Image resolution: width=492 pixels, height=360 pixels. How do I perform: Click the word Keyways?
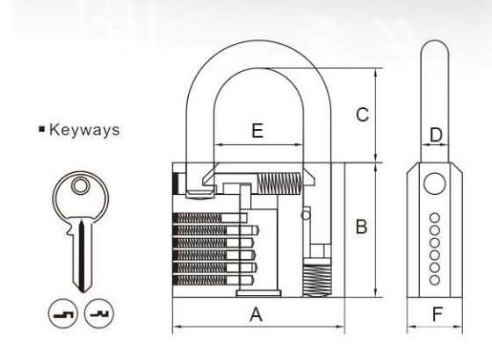(x=84, y=130)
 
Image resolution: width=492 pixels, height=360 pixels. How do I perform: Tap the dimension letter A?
(x=256, y=314)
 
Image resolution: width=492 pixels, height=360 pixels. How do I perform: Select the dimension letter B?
(x=361, y=227)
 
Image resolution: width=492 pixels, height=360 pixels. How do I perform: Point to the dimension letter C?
(x=362, y=114)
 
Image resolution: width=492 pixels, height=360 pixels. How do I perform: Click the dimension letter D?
(x=436, y=135)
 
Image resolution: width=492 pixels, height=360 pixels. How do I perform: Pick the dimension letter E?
(x=257, y=131)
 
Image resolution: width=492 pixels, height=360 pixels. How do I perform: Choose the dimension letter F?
(x=438, y=314)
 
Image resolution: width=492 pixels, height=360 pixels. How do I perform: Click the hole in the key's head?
(x=80, y=186)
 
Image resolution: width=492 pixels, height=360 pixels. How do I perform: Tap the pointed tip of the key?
(x=83, y=292)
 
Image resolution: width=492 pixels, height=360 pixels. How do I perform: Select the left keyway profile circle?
(x=62, y=313)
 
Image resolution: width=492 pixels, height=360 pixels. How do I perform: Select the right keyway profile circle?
(x=99, y=313)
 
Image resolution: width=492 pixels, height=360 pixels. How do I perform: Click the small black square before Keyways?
(x=42, y=129)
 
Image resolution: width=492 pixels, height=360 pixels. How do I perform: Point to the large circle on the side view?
(x=435, y=184)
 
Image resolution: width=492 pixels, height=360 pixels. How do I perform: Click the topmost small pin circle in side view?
(x=435, y=218)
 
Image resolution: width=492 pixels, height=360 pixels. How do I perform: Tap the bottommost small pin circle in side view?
(x=435, y=280)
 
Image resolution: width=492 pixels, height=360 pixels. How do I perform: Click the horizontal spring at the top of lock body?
(x=279, y=184)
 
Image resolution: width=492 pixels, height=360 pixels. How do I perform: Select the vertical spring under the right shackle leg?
(x=316, y=279)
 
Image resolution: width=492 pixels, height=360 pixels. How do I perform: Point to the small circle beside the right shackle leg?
(x=306, y=215)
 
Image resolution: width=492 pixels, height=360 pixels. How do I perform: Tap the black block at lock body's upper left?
(x=175, y=184)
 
